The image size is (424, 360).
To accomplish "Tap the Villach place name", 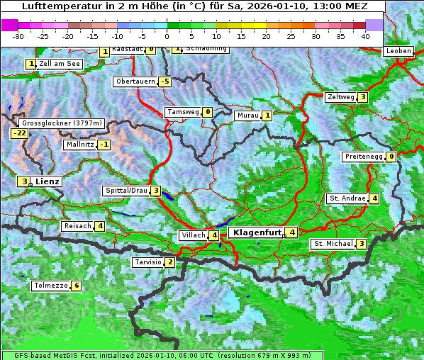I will click(x=193, y=235).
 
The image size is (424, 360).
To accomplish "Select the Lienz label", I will click(x=47, y=181).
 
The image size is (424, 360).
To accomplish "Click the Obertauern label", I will click(x=135, y=81).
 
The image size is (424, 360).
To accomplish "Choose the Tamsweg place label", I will click(x=182, y=112).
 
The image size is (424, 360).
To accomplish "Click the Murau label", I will click(x=247, y=116).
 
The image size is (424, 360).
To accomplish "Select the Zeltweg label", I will click(x=340, y=97).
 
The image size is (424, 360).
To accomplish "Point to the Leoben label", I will click(x=398, y=51).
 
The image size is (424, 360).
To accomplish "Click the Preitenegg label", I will click(x=364, y=157).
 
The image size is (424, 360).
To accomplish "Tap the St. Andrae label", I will click(x=347, y=198).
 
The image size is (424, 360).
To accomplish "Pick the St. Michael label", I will click(x=333, y=244).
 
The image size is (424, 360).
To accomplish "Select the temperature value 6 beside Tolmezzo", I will click(x=77, y=286).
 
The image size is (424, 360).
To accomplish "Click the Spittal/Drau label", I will click(x=125, y=191).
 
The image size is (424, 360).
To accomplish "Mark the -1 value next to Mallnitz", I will click(x=104, y=145).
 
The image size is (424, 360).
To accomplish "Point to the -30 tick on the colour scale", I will click(x=18, y=35).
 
